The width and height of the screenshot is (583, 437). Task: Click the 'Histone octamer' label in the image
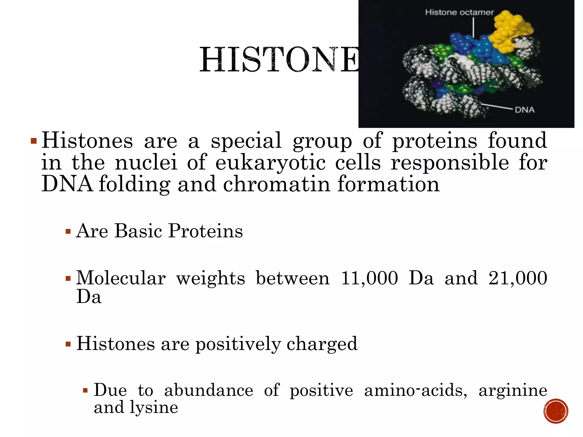click(x=459, y=12)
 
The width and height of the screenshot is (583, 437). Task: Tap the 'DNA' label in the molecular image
click(x=524, y=110)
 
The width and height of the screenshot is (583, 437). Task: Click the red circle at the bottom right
click(x=555, y=411)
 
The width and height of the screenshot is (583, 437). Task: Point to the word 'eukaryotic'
click(x=270, y=163)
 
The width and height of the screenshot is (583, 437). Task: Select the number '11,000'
click(x=369, y=278)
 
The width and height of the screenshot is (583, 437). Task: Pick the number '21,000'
click(x=518, y=278)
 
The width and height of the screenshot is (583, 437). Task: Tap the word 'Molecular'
click(x=121, y=278)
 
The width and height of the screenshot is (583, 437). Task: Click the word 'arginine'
click(x=512, y=390)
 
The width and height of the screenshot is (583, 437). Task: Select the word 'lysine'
click(x=154, y=407)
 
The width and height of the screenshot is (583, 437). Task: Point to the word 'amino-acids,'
click(x=415, y=390)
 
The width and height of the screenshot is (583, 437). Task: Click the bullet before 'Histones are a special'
click(x=34, y=141)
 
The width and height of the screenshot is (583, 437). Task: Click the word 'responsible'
click(x=449, y=163)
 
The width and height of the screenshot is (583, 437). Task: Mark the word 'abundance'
click(x=208, y=390)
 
